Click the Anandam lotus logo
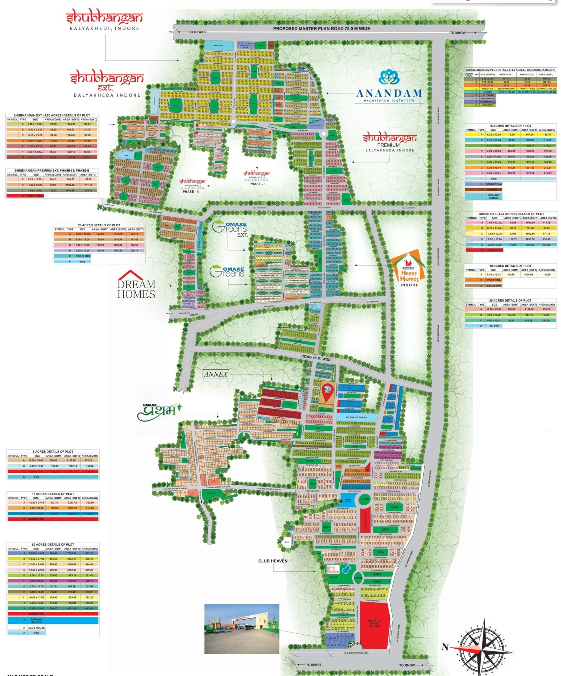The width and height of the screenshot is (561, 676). coord(389,77)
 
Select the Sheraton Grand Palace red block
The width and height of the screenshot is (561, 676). coord(374,623)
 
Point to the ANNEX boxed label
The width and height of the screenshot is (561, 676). coord(216,374)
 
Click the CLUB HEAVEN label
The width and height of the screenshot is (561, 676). coord(272,561)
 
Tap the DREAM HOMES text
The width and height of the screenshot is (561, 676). coord(136,289)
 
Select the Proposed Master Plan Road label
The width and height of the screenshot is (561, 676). coord(321,29)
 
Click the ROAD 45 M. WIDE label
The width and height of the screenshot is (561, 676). coord(316,358)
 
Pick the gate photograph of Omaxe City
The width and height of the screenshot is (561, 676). coord(242,629)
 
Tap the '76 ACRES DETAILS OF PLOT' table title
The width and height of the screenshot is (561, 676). coord(510,125)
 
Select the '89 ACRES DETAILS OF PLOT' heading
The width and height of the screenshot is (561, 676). coord(53,545)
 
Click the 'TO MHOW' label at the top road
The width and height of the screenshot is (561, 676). coord(458,33)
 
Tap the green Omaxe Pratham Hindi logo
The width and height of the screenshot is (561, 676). coord(159,412)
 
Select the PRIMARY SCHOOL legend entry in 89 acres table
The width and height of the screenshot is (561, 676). coord(36,621)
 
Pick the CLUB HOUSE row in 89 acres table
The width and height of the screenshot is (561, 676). coord(36,628)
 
